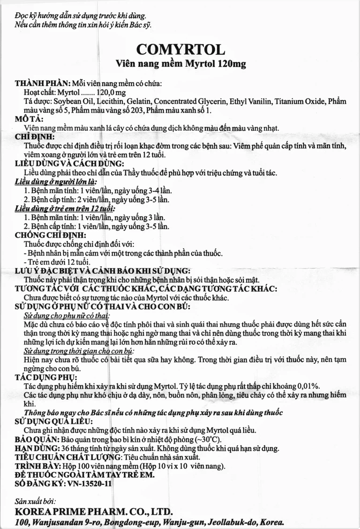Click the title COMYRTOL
pos(180,50)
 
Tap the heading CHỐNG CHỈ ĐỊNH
pos(50,235)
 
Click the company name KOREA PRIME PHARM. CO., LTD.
pos(94,511)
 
